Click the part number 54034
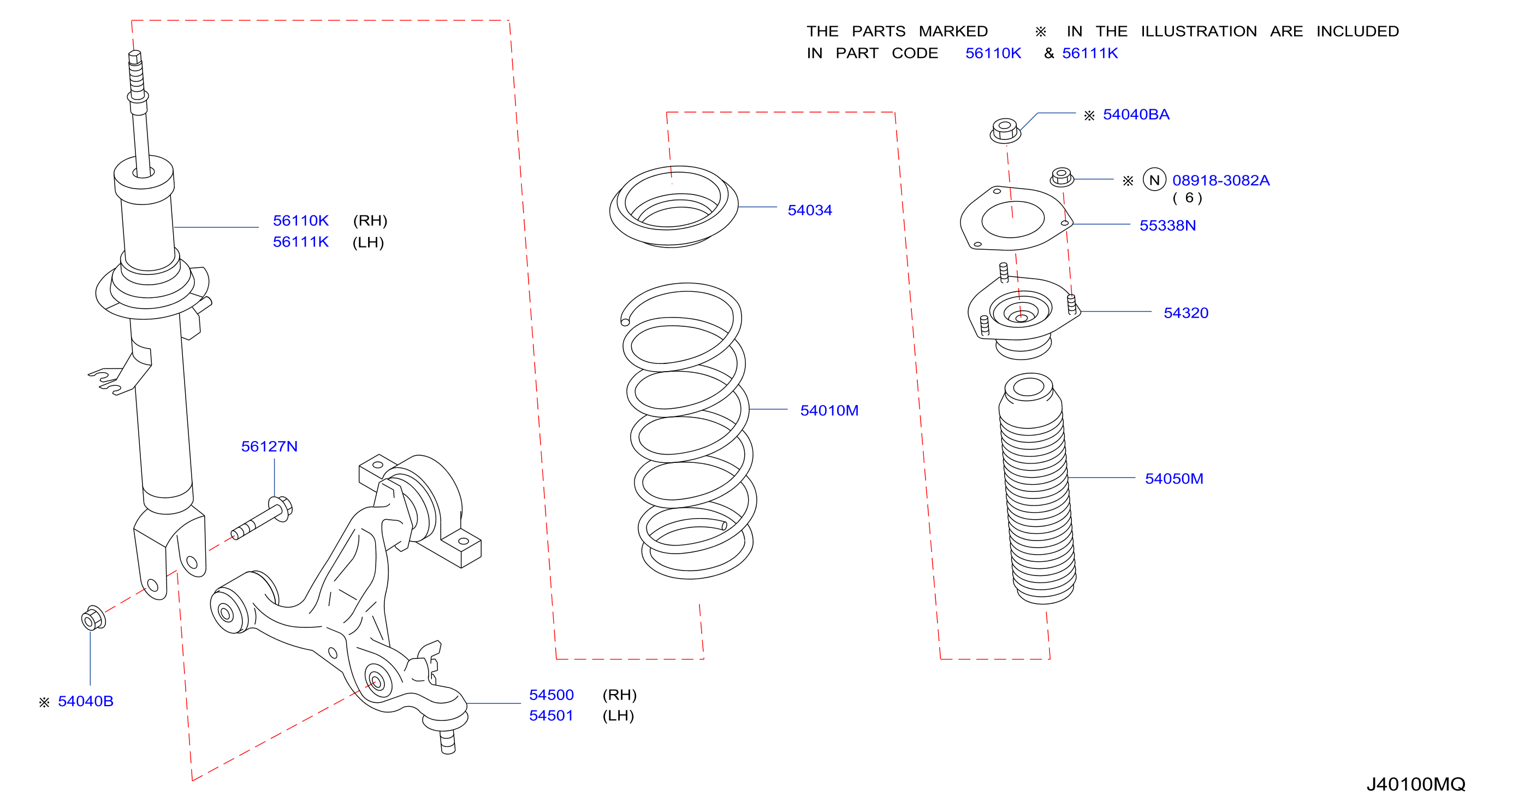coord(809,210)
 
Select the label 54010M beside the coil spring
coord(829,410)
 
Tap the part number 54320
coord(1185,313)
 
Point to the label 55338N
coord(1167,226)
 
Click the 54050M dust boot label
coord(1174,478)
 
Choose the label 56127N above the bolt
coord(269,446)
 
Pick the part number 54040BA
coord(1136,114)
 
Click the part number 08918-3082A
coord(1220,180)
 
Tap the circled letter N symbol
coord(1154,179)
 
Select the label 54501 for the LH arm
coord(551,715)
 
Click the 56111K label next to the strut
coord(300,242)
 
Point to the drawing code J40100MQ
coord(1416,784)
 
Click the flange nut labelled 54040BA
coord(1005,130)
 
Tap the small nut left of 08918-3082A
coord(1062,177)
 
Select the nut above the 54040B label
coord(93,619)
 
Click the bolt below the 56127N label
coord(262,518)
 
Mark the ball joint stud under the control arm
coord(448,742)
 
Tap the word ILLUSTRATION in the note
coord(1199,31)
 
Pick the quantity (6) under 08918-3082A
coord(1188,198)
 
